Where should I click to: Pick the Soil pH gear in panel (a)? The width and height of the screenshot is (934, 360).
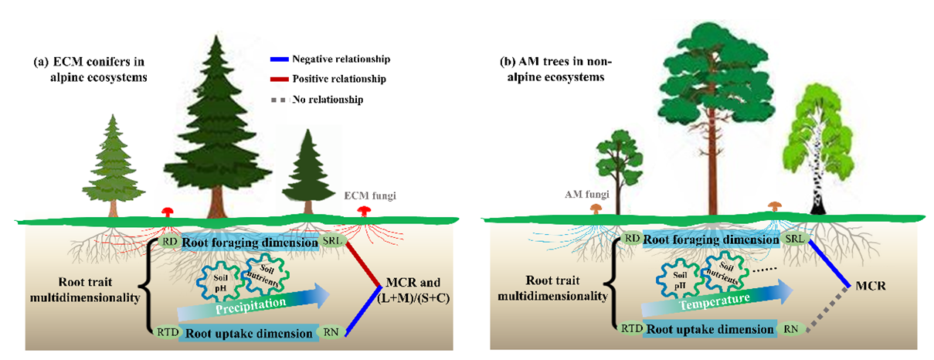tap(217, 279)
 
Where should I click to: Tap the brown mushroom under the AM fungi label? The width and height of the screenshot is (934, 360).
tap(595, 209)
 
